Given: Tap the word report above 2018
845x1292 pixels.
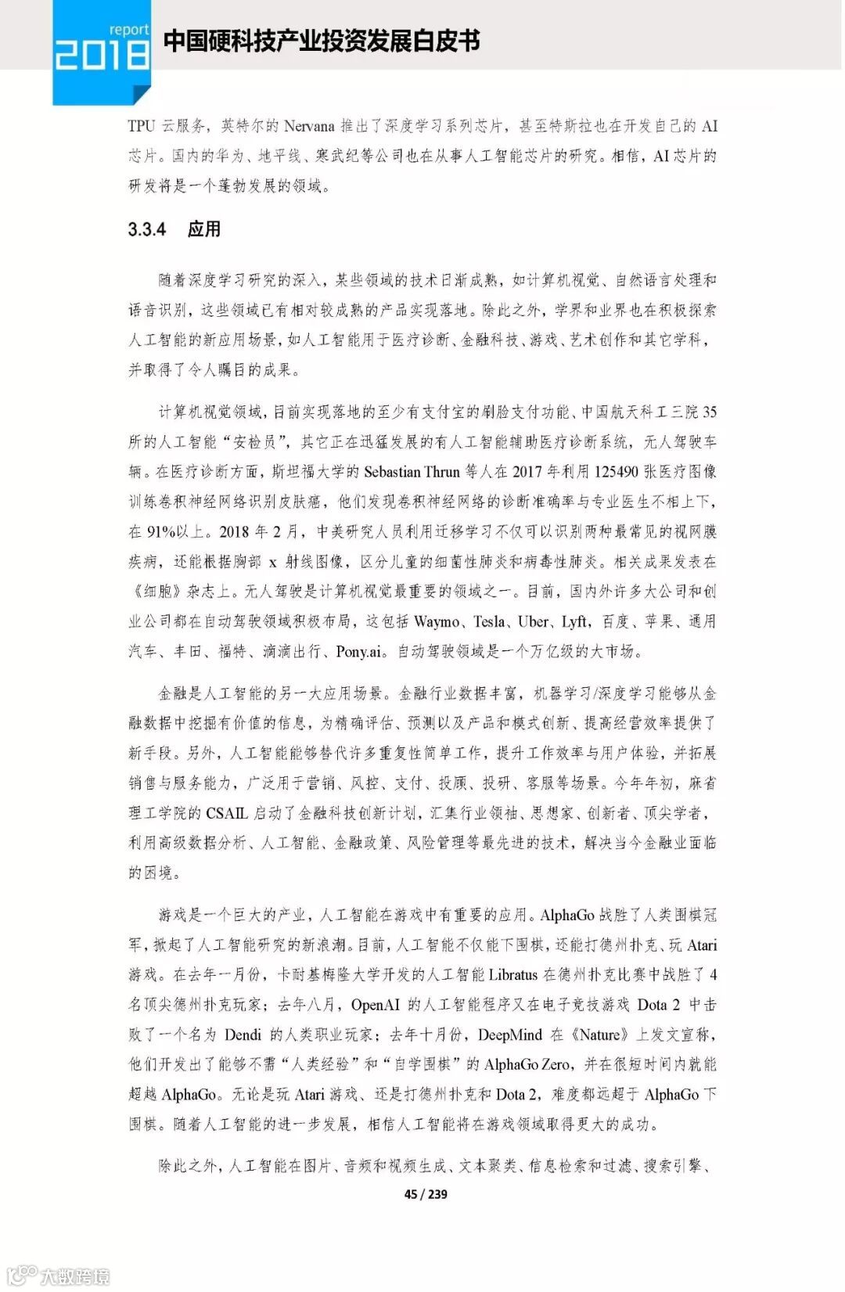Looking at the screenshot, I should [x=128, y=30].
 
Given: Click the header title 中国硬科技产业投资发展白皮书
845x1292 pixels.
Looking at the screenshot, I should [x=322, y=41].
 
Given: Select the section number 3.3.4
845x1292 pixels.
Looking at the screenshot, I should [x=147, y=229].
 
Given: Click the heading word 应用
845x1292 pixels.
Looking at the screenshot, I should [x=204, y=229].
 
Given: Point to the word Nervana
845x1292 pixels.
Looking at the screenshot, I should [x=309, y=126].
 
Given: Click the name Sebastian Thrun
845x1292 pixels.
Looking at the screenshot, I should [x=412, y=472].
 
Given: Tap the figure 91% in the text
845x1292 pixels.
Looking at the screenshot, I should [x=161, y=532].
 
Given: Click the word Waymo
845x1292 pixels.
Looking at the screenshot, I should [x=437, y=622].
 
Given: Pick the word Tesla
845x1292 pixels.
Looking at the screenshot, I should [x=490, y=622].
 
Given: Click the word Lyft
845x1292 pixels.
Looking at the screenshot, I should [x=574, y=622].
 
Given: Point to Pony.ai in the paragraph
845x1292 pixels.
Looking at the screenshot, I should [x=360, y=652].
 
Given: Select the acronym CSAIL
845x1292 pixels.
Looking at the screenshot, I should [x=227, y=814].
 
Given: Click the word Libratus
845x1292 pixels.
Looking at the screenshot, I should [x=513, y=975].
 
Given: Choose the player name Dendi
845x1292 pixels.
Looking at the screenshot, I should [x=243, y=1035].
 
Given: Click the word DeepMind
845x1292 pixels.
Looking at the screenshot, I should [x=509, y=1035].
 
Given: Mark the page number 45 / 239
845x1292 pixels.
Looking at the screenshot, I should [x=426, y=1194].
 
